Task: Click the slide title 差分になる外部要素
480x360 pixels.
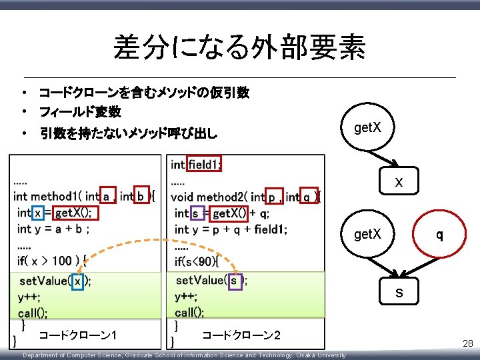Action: click(239, 47)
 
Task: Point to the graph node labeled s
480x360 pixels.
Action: click(398, 293)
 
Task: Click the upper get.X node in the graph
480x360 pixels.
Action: click(368, 127)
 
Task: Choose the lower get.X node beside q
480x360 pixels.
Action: click(368, 235)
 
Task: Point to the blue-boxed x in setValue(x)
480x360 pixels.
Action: click(78, 281)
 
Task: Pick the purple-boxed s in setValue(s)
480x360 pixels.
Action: click(233, 281)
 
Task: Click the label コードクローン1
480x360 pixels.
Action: click(79, 335)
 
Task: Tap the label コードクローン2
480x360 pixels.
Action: click(241, 335)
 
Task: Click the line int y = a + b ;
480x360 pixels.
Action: click(53, 229)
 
